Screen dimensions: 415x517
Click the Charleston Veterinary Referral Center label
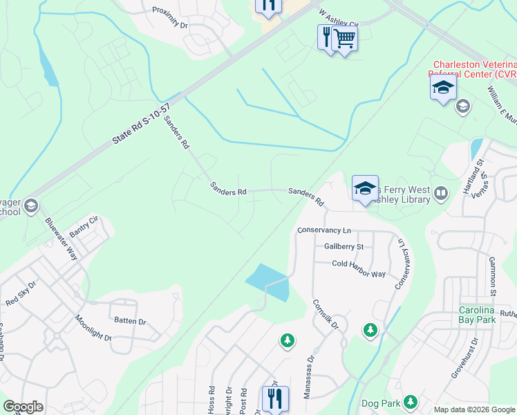coord(474,69)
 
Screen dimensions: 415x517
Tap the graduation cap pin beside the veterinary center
coord(443,88)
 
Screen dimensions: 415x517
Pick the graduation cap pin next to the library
coord(365,188)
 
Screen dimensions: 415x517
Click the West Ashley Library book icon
coord(441,192)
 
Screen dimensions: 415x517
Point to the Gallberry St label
coord(344,246)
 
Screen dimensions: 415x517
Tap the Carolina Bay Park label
coord(487,315)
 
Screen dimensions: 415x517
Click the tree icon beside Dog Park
coord(411,401)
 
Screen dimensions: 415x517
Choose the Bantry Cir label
coord(84,228)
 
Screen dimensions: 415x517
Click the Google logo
coord(23,407)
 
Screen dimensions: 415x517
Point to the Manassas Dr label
coord(308,379)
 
